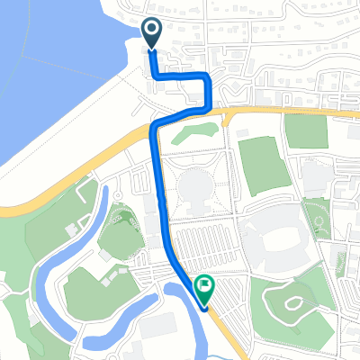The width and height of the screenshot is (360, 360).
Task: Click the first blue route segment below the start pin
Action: pos(152,63)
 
